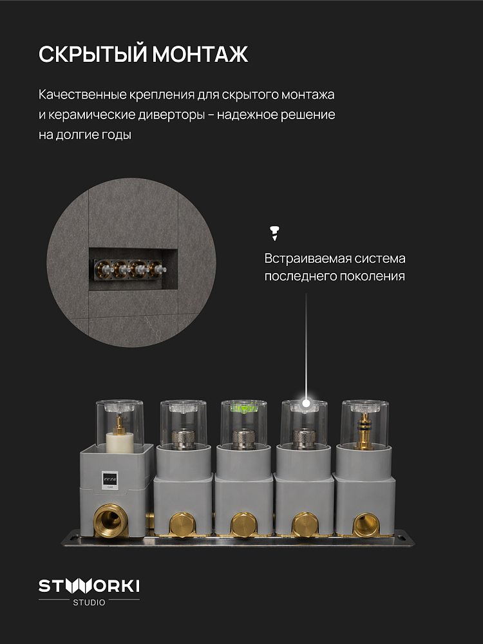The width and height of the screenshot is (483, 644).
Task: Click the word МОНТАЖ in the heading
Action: (200, 54)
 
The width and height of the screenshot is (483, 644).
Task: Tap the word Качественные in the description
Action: (82, 95)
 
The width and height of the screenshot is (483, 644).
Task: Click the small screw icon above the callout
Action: (274, 232)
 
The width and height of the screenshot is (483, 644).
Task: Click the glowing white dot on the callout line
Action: (306, 403)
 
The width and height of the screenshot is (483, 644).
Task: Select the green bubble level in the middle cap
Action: (244, 408)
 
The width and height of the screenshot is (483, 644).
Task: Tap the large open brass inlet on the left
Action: (109, 520)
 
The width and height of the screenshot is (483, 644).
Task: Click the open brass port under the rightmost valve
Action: (365, 524)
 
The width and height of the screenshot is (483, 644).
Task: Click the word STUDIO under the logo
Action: (89, 603)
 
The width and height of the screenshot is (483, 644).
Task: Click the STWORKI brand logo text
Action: (89, 585)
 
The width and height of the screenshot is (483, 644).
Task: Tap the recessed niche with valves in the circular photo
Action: (133, 269)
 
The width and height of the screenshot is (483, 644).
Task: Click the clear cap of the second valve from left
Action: (183, 424)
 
